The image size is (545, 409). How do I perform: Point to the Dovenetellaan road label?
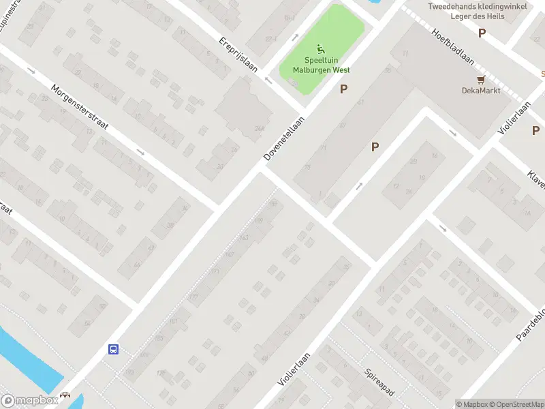[284, 138]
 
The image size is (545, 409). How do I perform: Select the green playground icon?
[320, 48]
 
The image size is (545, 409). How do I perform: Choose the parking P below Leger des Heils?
[482, 33]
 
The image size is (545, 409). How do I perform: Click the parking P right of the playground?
[344, 89]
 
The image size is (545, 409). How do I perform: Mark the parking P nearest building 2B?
[375, 147]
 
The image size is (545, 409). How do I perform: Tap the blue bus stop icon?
[113, 350]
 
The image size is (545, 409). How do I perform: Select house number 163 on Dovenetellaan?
[244, 237]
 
